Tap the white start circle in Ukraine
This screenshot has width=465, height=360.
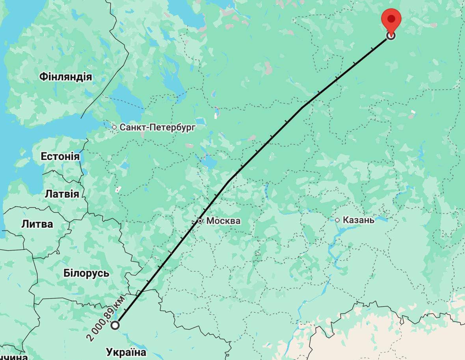(x=115, y=325)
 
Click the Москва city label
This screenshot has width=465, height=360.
(x=223, y=221)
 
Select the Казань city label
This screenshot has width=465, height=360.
(x=358, y=220)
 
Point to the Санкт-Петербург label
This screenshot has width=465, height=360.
(x=157, y=127)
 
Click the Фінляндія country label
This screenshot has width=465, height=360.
(x=65, y=77)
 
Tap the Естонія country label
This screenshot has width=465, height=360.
(x=60, y=156)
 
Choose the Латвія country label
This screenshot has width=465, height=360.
(x=61, y=194)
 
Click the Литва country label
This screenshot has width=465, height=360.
(x=37, y=224)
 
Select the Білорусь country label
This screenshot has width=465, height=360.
(x=86, y=273)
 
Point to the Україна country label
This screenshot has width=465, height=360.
(x=126, y=352)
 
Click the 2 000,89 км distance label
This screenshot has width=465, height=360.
(x=106, y=318)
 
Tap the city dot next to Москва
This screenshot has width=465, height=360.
(x=200, y=221)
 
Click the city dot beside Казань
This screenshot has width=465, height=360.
(x=337, y=220)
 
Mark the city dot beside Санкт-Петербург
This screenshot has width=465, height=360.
(x=114, y=127)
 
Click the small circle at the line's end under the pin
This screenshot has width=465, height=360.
(x=391, y=36)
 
